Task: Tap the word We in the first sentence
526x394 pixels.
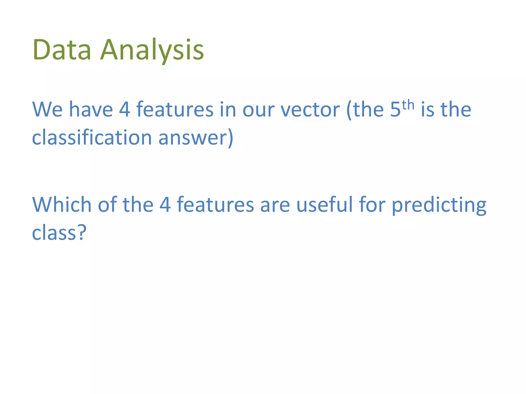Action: pos(47,110)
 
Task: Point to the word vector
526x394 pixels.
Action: pos(310,110)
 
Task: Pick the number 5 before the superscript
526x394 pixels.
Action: pos(395,110)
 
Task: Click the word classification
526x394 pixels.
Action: pos(92,137)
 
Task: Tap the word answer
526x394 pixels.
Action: pos(193,138)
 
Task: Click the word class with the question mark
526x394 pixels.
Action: pos(54,233)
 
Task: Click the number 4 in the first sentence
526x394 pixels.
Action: pos(125,110)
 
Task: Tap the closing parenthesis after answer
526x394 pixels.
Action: pos(230,138)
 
